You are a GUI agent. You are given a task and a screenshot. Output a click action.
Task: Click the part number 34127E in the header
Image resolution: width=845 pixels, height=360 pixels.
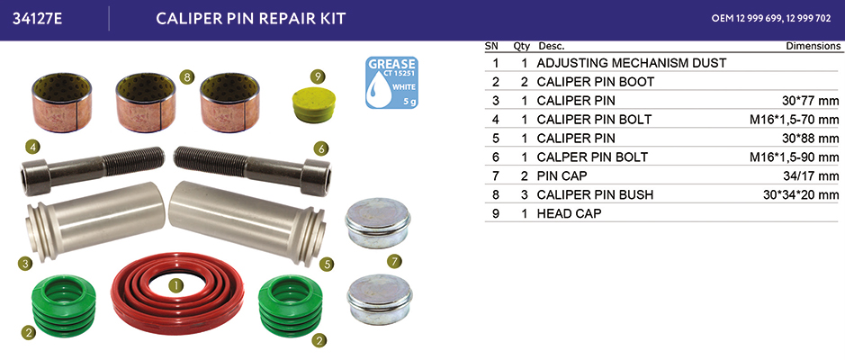pyautogui.click(x=38, y=19)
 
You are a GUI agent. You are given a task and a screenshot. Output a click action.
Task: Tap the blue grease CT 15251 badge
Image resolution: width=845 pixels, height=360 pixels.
pyautogui.click(x=391, y=83)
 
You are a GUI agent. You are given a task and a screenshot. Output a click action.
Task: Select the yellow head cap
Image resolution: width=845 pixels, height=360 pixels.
pyautogui.click(x=313, y=105)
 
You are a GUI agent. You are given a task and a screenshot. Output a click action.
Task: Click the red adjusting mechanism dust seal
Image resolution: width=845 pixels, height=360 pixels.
pyautogui.click(x=177, y=293)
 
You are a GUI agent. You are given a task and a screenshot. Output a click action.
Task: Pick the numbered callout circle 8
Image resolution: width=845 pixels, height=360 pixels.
pyautogui.click(x=187, y=77)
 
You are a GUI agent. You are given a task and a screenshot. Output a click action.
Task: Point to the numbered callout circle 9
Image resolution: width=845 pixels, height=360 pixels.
pyautogui.click(x=317, y=76)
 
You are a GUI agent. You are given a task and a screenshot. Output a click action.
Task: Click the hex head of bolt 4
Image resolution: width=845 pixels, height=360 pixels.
pyautogui.click(x=36, y=176)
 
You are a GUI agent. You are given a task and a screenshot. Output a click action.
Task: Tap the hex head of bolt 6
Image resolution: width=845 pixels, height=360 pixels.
pyautogui.click(x=315, y=177)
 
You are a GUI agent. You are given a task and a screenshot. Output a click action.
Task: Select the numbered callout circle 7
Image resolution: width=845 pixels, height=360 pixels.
pyautogui.click(x=394, y=262)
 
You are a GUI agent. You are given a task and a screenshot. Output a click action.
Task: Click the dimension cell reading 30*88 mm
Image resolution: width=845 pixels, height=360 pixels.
pyautogui.click(x=810, y=138)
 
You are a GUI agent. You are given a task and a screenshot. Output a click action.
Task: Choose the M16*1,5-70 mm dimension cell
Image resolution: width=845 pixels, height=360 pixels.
pyautogui.click(x=795, y=119)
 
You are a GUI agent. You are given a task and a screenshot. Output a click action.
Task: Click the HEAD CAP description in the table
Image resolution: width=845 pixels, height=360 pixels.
pyautogui.click(x=569, y=213)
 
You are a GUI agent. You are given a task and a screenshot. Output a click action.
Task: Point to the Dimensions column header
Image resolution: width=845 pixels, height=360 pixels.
pyautogui.click(x=814, y=46)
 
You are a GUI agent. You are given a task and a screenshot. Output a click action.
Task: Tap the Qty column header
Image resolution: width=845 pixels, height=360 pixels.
pyautogui.click(x=522, y=47)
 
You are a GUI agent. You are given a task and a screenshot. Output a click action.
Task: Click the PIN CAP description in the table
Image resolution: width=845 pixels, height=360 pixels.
pyautogui.click(x=562, y=175)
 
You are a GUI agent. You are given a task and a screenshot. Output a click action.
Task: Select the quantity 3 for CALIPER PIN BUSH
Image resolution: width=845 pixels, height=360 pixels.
pyautogui.click(x=525, y=194)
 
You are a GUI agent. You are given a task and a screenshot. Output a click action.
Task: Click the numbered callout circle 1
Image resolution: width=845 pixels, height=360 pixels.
pyautogui.click(x=175, y=285)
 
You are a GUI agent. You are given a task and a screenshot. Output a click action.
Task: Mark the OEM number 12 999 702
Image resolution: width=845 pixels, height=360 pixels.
pyautogui.click(x=808, y=18)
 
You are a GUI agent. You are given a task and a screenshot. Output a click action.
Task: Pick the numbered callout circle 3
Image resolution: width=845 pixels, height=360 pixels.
pyautogui.click(x=23, y=264)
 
